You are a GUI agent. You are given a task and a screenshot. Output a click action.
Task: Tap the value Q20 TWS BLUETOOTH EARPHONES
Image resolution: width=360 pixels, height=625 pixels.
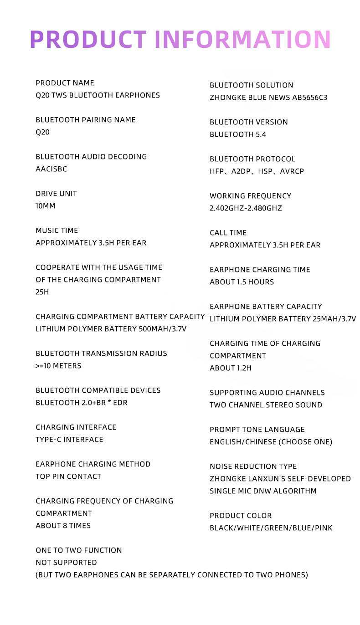(x=98, y=95)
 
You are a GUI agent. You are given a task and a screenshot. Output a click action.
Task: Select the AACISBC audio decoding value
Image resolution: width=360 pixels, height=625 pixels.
(x=51, y=169)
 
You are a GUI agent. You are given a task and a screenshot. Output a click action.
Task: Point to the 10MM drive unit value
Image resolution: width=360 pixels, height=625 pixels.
(x=45, y=206)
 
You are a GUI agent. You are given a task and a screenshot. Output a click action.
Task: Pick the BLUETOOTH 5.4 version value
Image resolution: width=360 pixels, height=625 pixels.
(x=237, y=134)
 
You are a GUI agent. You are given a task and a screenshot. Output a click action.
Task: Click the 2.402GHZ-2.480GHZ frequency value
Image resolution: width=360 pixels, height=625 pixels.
(x=246, y=208)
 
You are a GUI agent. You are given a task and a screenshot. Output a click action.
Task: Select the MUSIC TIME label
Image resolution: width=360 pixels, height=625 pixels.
(x=57, y=231)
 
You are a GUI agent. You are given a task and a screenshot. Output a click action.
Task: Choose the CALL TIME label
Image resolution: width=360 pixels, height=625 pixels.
(x=228, y=233)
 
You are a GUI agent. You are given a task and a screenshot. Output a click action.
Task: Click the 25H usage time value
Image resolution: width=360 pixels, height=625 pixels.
(x=42, y=292)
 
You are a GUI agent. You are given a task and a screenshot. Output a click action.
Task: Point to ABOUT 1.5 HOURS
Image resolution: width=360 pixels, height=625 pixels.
(x=242, y=282)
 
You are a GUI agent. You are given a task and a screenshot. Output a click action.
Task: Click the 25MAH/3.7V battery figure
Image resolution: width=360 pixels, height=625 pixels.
(x=334, y=319)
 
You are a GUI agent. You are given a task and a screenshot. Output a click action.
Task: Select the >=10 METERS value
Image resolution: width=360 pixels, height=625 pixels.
(x=58, y=366)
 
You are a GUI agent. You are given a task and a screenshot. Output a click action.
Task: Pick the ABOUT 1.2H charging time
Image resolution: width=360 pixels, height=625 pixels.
(x=230, y=368)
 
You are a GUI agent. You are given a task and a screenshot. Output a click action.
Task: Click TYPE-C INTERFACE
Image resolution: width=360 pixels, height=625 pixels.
(x=69, y=440)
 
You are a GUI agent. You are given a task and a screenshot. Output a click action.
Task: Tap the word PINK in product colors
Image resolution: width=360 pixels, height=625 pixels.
(x=323, y=528)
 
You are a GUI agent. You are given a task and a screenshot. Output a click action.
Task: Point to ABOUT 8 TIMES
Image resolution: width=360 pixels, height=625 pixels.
(x=63, y=526)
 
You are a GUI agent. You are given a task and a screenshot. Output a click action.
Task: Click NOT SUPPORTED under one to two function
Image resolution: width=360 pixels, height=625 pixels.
(x=66, y=563)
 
